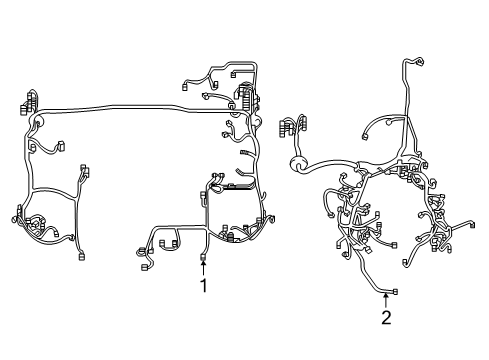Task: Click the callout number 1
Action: pyautogui.click(x=203, y=286)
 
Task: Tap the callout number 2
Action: pyautogui.click(x=386, y=318)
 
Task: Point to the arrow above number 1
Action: pyautogui.click(x=203, y=268)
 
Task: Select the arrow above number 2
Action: pyautogui.click(x=386, y=300)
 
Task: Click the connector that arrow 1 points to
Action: pyautogui.click(x=203, y=257)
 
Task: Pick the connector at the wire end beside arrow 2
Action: pyautogui.click(x=395, y=292)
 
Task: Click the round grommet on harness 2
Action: pyautogui.click(x=297, y=164)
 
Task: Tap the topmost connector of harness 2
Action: pyautogui.click(x=420, y=61)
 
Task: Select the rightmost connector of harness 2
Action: pyautogui.click(x=472, y=225)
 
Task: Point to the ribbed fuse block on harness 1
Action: pyautogui.click(x=247, y=96)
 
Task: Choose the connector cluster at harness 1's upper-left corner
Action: pyautogui.click(x=28, y=102)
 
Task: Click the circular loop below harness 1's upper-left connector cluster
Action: pyautogui.click(x=37, y=122)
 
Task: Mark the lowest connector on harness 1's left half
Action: pyautogui.click(x=81, y=257)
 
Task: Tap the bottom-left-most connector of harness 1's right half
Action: pyautogui.click(x=145, y=267)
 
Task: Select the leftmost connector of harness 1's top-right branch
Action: pyautogui.click(x=184, y=87)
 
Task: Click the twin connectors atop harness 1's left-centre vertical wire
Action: pyautogui.click(x=85, y=171)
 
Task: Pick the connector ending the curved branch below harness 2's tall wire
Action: pyautogui.click(x=365, y=137)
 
